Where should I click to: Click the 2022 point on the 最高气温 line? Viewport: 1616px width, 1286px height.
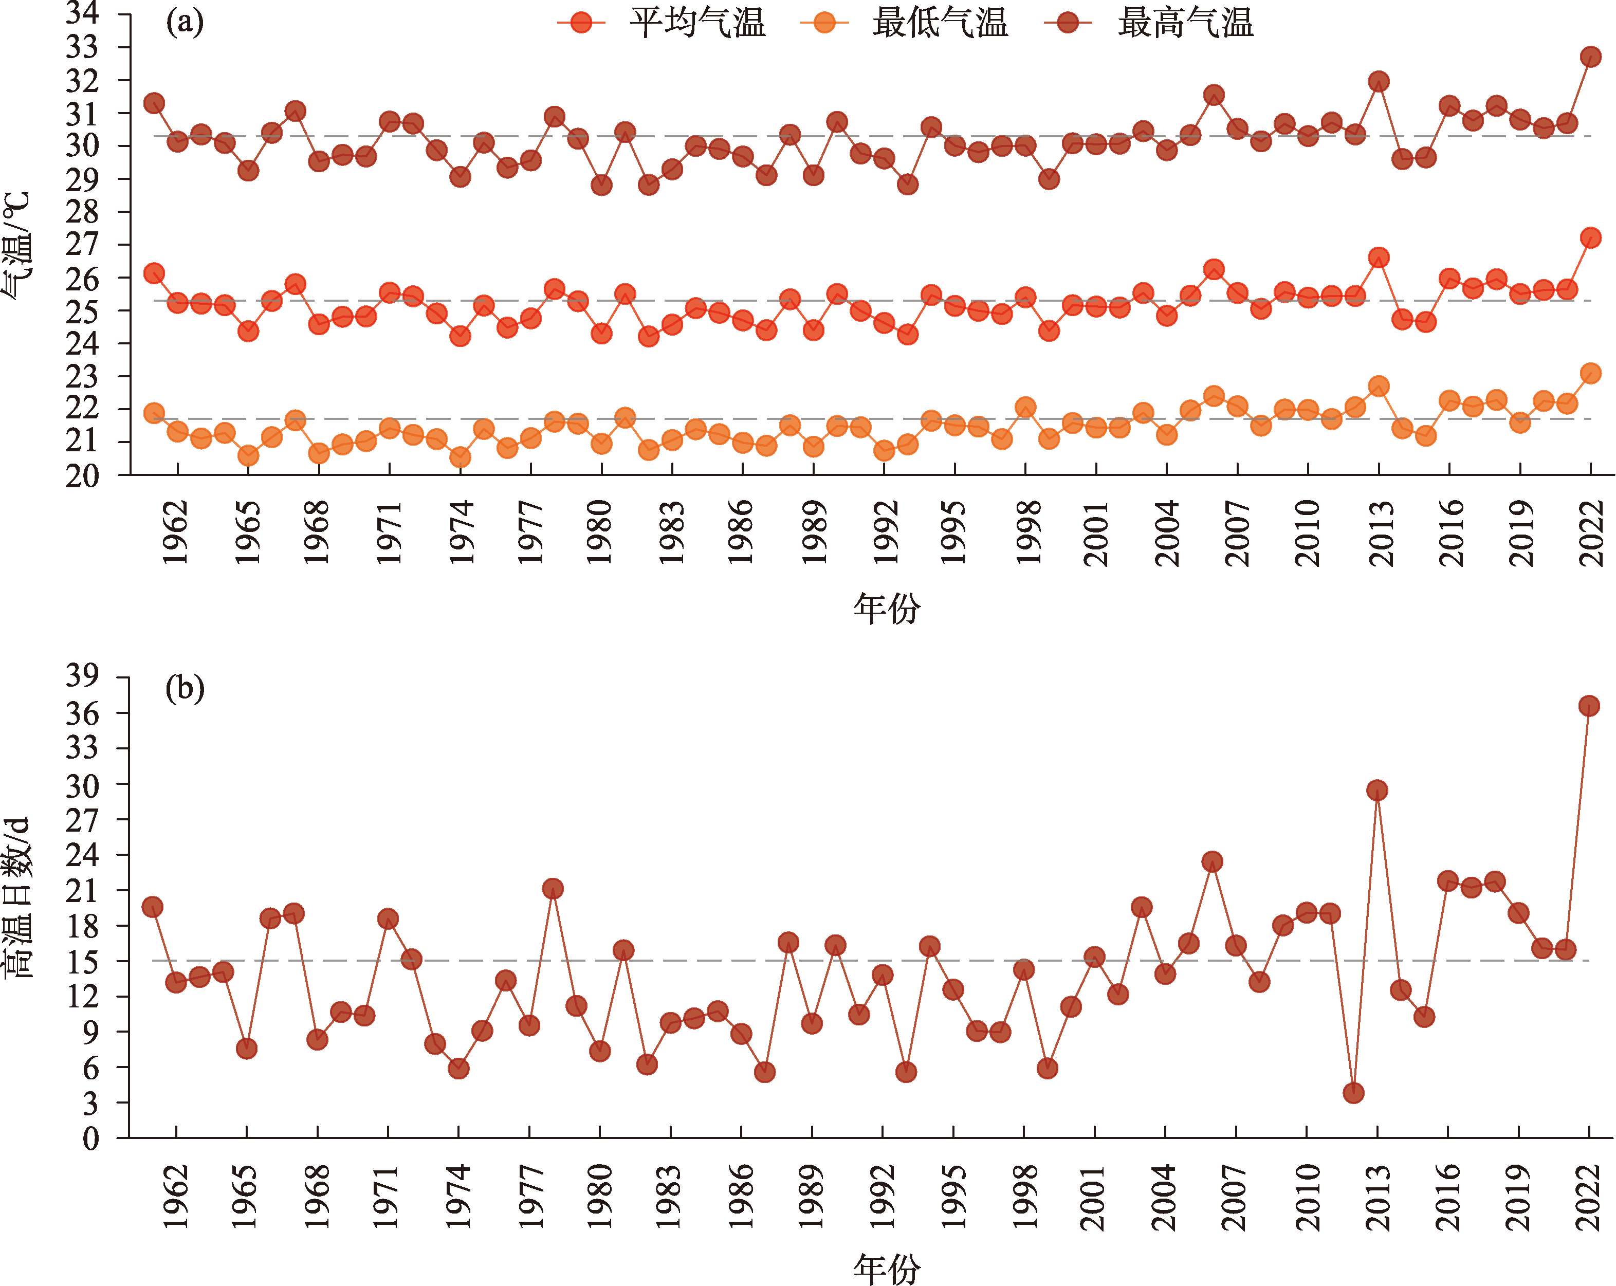(x=1590, y=57)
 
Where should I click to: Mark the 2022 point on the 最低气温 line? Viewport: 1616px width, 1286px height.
(x=1590, y=373)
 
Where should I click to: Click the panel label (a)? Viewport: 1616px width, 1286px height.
(x=185, y=23)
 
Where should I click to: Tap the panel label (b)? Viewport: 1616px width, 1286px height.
(x=185, y=687)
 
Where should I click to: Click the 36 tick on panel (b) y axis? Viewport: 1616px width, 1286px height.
(x=82, y=713)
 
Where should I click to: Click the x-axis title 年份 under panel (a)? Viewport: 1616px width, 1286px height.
(x=887, y=608)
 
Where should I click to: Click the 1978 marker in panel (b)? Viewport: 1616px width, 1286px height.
(x=553, y=889)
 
